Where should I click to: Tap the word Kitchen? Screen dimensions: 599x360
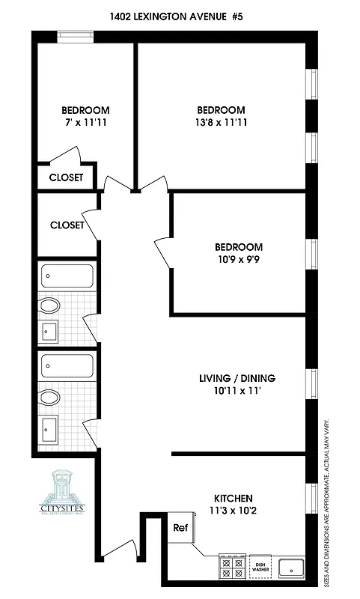pyautogui.click(x=234, y=498)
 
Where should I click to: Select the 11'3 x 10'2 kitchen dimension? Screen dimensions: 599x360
pyautogui.click(x=234, y=511)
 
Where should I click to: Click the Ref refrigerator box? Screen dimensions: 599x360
pyautogui.click(x=180, y=528)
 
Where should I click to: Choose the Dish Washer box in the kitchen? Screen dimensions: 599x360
pyautogui.click(x=260, y=567)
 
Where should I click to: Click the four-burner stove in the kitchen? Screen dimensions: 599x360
pyautogui.click(x=232, y=567)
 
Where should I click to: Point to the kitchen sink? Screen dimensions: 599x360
pyautogui.click(x=292, y=568)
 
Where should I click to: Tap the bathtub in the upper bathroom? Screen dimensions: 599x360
pyautogui.click(x=67, y=276)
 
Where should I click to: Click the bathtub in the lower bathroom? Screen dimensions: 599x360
pyautogui.click(x=67, y=366)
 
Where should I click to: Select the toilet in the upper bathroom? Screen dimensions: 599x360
pyautogui.click(x=49, y=305)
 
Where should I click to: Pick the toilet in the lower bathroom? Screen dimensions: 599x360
pyautogui.click(x=49, y=396)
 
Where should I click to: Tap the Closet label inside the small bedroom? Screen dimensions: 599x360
pyautogui.click(x=66, y=178)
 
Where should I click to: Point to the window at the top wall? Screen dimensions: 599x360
pyautogui.click(x=76, y=33)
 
